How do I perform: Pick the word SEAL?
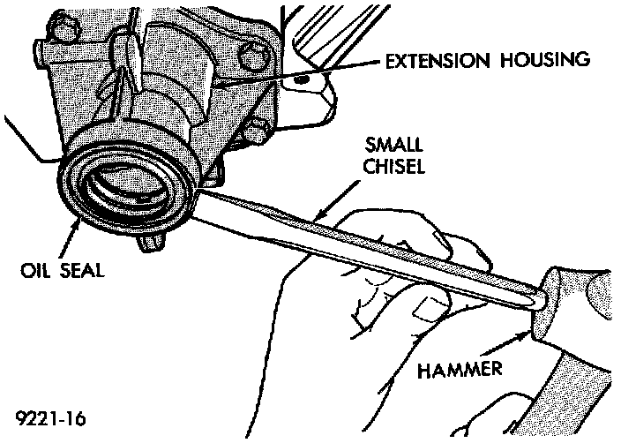pyautogui.click(x=79, y=271)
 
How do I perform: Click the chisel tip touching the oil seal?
pyautogui.click(x=206, y=189)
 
